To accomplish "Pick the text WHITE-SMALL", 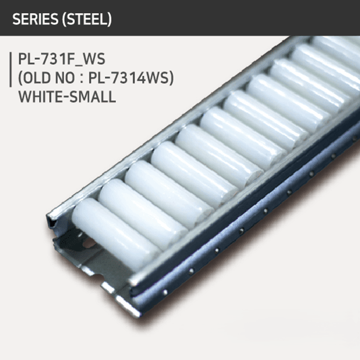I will click(x=68, y=99).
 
